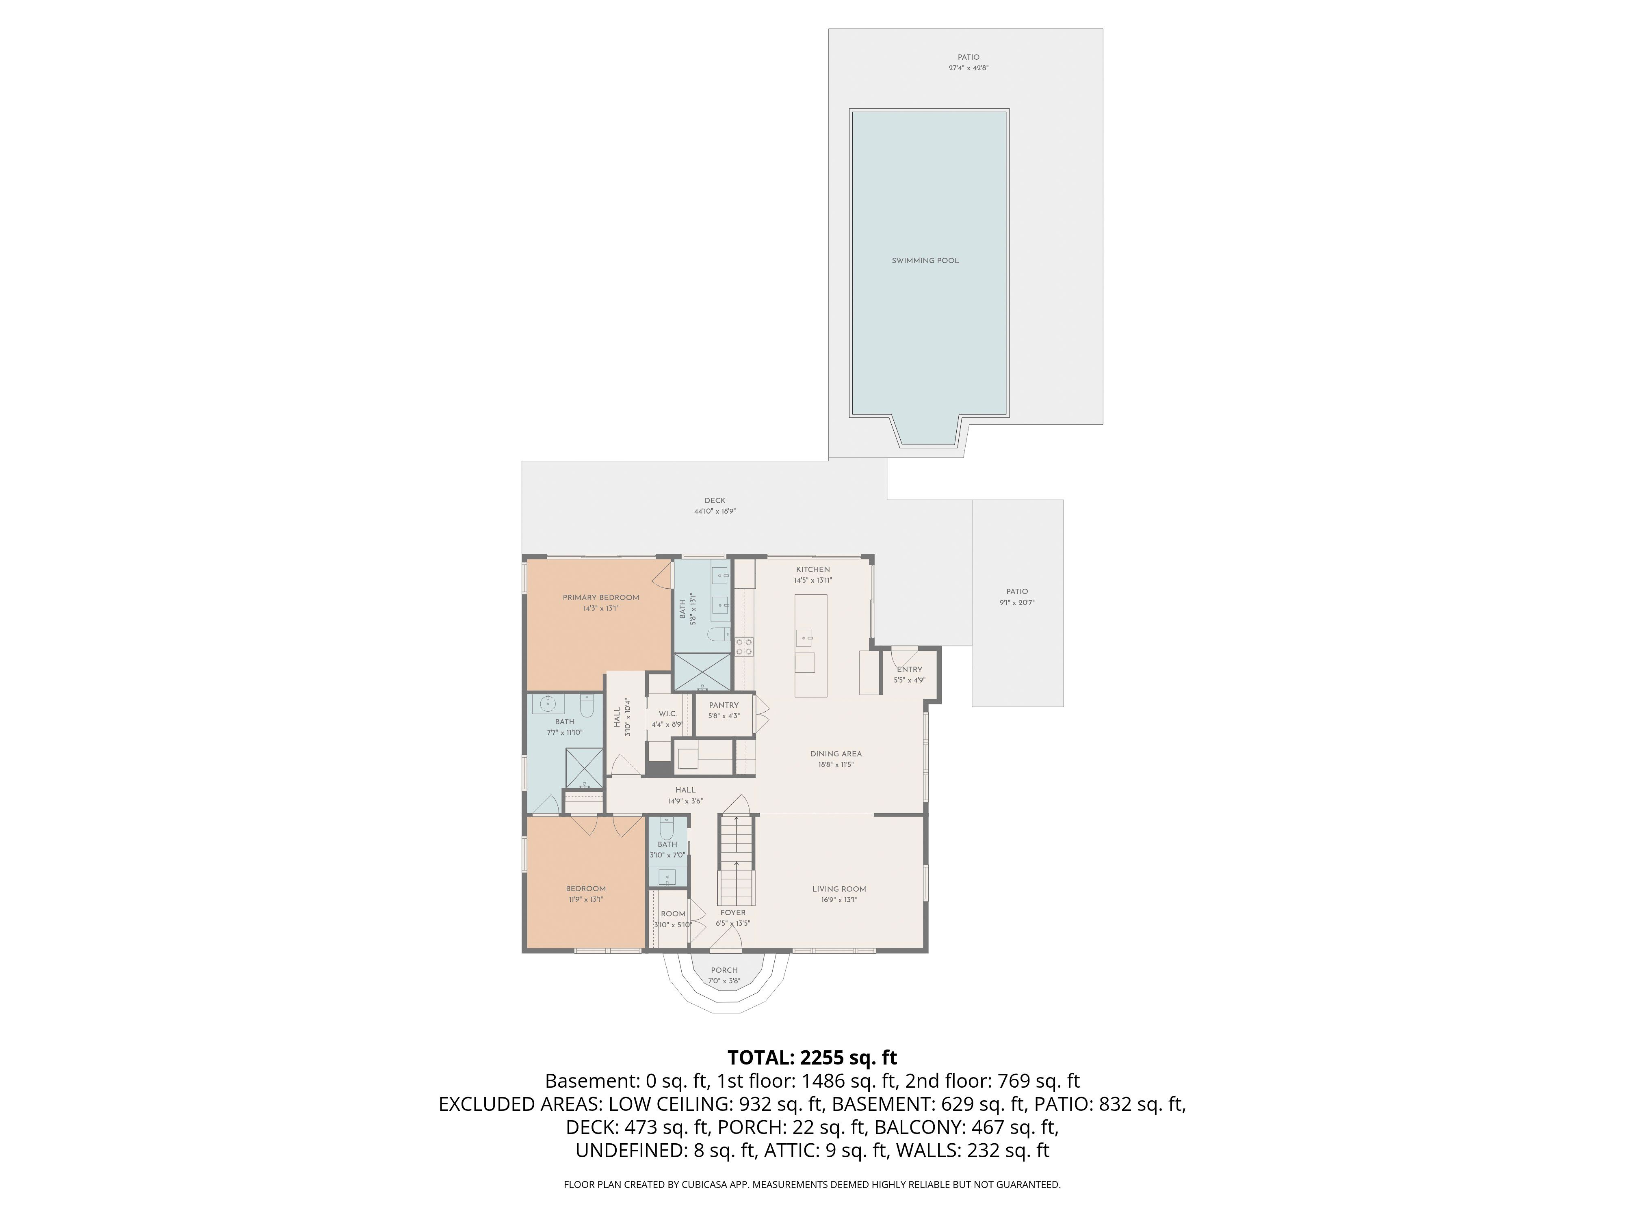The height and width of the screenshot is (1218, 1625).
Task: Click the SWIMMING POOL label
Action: click(x=925, y=261)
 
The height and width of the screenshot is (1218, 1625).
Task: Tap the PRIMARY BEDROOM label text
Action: click(x=601, y=598)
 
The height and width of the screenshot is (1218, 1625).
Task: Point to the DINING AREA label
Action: click(x=836, y=754)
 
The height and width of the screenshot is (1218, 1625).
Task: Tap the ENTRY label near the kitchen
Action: click(x=910, y=669)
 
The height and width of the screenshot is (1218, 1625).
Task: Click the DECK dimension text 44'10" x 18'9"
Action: click(x=715, y=512)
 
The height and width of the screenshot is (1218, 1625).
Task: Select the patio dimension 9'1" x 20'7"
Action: click(x=1018, y=603)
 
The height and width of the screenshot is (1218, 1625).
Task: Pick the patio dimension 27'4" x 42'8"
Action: click(x=969, y=68)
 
